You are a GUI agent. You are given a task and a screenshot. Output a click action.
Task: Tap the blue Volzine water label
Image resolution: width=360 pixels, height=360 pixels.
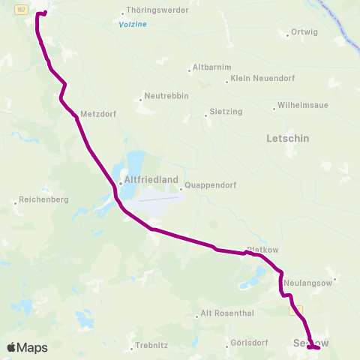(133, 25)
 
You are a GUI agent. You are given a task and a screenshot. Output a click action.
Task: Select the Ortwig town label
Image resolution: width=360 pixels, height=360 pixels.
(303, 32)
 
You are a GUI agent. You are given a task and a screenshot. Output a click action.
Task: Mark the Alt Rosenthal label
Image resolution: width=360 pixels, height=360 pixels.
(229, 313)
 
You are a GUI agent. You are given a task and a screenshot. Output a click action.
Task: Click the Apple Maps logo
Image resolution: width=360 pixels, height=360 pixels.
(27, 347)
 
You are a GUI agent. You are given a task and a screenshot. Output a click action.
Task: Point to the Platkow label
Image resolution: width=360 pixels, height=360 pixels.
(262, 249)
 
